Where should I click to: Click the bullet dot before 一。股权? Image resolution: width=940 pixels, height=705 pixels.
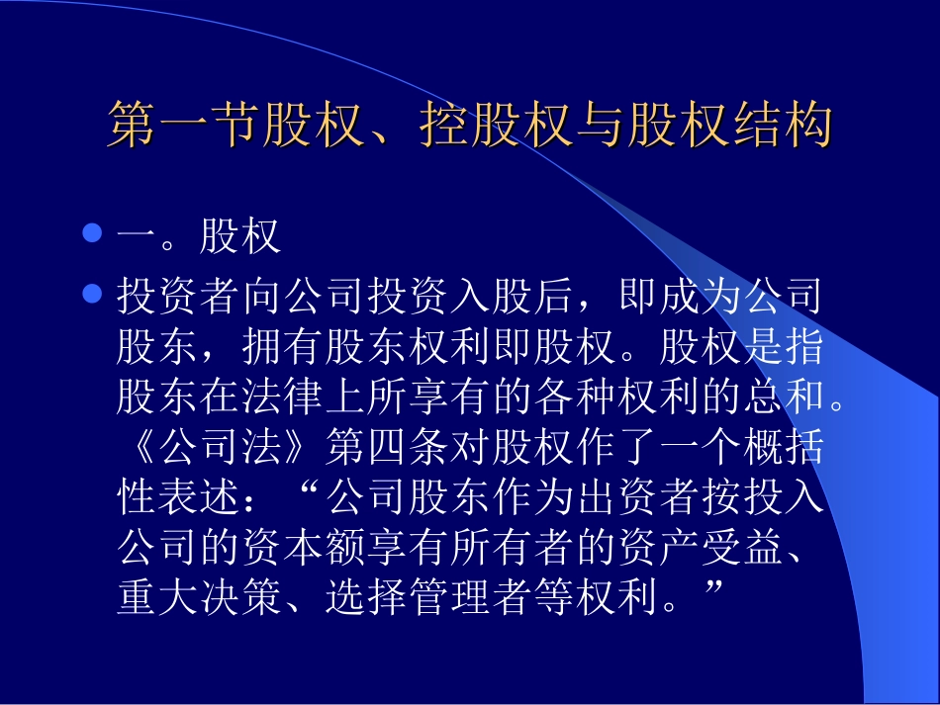(92, 235)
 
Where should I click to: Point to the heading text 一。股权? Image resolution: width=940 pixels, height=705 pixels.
(198, 237)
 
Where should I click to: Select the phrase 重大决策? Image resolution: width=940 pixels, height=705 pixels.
(199, 598)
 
